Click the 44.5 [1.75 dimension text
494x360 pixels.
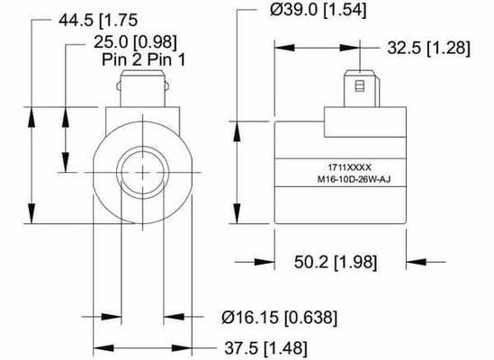78,18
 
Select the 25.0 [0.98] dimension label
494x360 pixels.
135,40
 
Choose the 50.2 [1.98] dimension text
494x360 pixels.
339,262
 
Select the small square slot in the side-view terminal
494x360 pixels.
360,87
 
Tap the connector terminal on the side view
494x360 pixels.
360,90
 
